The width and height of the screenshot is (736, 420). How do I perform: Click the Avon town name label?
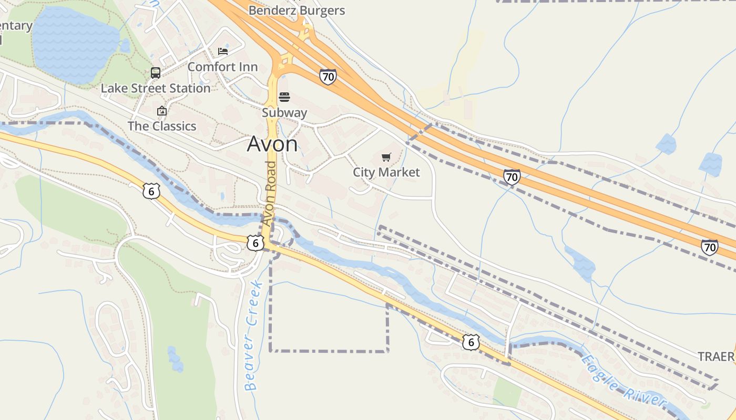pos(272,144)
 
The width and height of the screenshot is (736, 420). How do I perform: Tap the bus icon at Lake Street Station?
pos(156,73)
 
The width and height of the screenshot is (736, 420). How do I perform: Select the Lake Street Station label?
pos(156,88)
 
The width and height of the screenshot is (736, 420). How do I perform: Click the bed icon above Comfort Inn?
pos(223,51)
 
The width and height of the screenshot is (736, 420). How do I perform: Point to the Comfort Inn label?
pos(222,67)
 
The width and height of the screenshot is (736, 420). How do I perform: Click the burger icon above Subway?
pos(284,97)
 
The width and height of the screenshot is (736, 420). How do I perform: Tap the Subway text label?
pos(284,112)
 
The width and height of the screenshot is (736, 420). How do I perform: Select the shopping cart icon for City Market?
pos(386,157)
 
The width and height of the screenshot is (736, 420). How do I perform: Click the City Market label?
pos(386,172)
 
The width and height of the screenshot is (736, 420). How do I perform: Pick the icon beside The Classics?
pos(162,111)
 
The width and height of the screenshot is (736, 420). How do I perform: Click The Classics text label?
pos(162,126)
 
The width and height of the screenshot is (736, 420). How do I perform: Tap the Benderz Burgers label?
pos(297,10)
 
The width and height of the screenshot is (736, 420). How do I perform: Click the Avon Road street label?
pos(270,194)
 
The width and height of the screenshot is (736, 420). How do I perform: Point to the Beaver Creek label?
pos(254,336)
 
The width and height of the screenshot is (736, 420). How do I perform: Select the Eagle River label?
pos(624,382)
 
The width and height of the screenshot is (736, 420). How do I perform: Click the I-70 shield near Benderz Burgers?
pos(328,77)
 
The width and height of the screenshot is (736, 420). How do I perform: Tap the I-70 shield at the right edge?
pos(710,246)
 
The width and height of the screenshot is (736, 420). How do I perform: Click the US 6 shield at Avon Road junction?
pos(255,243)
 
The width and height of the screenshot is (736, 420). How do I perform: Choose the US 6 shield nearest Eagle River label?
pos(471,342)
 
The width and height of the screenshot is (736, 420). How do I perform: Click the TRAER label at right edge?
pos(716,357)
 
